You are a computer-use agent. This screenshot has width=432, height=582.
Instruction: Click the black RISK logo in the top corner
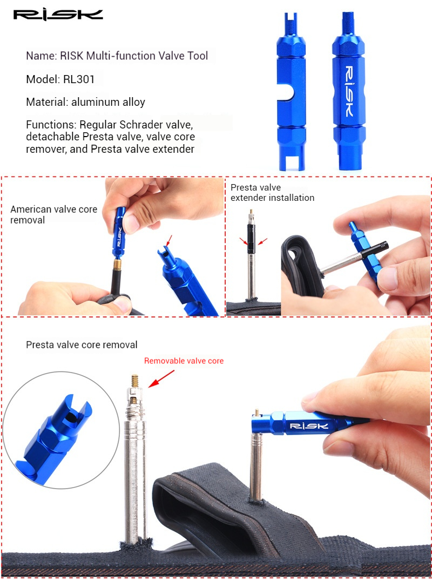tap(58, 15)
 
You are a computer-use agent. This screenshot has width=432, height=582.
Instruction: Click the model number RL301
tap(79, 79)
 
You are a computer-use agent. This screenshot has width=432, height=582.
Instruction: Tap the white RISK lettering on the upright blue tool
tap(349, 91)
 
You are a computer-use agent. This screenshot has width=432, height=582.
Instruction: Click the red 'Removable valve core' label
tap(184, 361)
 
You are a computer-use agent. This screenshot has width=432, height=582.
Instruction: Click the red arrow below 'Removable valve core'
tap(161, 379)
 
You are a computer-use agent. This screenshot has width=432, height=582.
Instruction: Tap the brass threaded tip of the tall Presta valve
tap(134, 381)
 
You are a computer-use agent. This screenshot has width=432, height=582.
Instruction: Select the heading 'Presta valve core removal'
tap(82, 345)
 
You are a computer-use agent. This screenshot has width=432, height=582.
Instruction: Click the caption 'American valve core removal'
tap(53, 214)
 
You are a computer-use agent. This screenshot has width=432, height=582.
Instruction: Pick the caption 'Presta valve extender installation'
tap(272, 193)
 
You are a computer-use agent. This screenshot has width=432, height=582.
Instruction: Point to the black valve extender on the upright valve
tap(251, 238)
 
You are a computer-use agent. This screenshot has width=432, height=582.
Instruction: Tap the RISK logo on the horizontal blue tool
tap(309, 426)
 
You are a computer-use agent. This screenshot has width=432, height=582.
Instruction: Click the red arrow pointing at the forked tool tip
tap(169, 240)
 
